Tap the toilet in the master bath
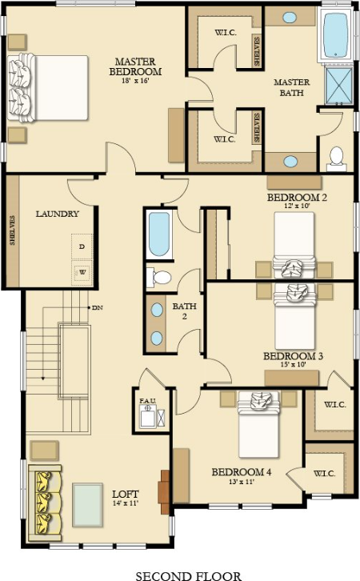click(x=337, y=156)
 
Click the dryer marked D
click(x=82, y=247)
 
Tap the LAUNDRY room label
click(x=57, y=214)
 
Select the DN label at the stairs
click(x=97, y=307)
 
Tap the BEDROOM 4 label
click(x=241, y=472)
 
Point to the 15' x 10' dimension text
click(x=292, y=365)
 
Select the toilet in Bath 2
click(x=162, y=278)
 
